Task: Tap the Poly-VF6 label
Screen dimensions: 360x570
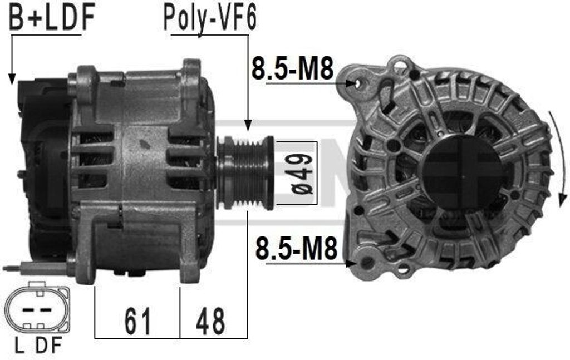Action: pyautogui.click(x=209, y=18)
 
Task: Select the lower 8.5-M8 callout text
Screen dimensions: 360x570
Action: pyautogui.click(x=296, y=249)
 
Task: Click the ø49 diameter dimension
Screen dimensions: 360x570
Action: pyautogui.click(x=301, y=174)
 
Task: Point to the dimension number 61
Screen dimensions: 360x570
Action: pyautogui.click(x=137, y=321)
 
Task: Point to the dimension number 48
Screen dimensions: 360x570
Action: pyautogui.click(x=211, y=321)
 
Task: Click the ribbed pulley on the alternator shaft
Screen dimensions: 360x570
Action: pyautogui.click(x=245, y=172)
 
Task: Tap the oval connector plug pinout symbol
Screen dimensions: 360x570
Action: pyautogui.click(x=37, y=309)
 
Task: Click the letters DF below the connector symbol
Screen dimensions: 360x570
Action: pyautogui.click(x=49, y=346)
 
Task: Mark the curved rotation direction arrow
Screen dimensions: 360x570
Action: pyautogui.click(x=559, y=156)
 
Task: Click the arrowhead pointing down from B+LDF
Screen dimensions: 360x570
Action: pyautogui.click(x=11, y=79)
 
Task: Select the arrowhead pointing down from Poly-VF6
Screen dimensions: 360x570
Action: pyautogui.click(x=248, y=125)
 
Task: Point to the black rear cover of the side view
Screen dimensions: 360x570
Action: pyautogui.click(x=42, y=167)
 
